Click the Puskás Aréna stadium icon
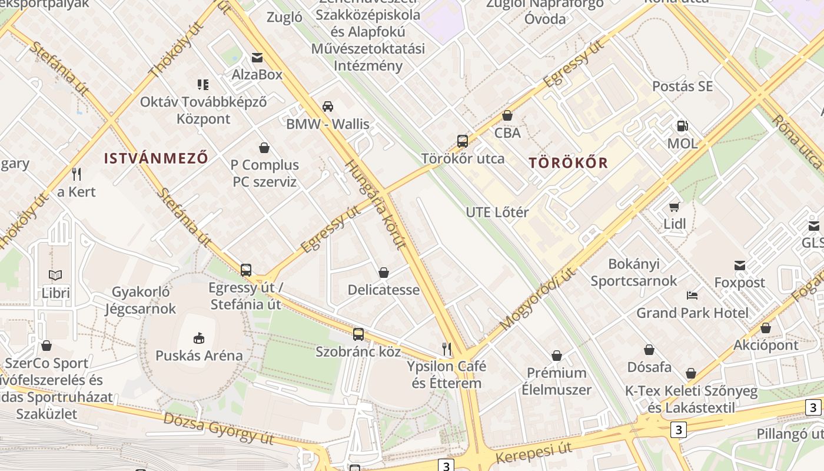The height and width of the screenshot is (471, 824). click(199, 338)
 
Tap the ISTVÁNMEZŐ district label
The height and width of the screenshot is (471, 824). click(156, 158)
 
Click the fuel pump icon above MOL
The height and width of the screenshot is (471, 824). click(683, 125)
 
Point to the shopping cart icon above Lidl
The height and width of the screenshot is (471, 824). click(675, 207)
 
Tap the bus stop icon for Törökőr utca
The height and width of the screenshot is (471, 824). click(463, 141)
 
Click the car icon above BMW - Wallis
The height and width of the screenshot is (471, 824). click(328, 107)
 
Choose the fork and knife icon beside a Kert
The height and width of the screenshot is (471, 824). click(76, 174)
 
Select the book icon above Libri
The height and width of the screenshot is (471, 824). click(55, 275)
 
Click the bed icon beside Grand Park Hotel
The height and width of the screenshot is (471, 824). click(692, 295)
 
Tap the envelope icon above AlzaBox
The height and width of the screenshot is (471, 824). click(257, 57)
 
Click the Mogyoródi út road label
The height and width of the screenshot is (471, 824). click(538, 298)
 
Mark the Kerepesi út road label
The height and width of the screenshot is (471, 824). click(534, 453)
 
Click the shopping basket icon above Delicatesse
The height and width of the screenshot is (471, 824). click(384, 273)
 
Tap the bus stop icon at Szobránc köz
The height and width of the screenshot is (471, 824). click(358, 334)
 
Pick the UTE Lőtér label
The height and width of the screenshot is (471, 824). click(497, 212)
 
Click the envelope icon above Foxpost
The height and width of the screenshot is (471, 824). click(740, 266)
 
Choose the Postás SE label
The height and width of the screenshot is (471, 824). click(682, 86)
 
